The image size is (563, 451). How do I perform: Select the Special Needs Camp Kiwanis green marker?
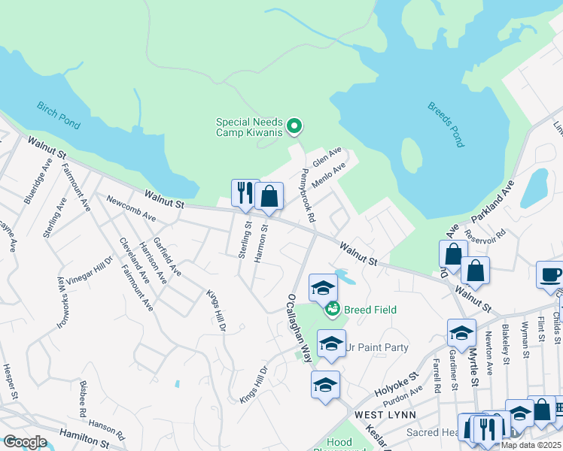[x=295, y=126]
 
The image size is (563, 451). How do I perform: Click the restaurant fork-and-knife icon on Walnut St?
[x=245, y=193]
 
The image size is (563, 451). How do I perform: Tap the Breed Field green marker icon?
[x=332, y=309]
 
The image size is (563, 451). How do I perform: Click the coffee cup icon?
[x=550, y=274]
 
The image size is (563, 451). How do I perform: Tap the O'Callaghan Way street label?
[x=298, y=328]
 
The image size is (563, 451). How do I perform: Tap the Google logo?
[x=25, y=442]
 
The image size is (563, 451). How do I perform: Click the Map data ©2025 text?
[x=531, y=445]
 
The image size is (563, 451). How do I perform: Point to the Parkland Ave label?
[x=493, y=200]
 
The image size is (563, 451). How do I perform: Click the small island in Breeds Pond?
[x=412, y=156]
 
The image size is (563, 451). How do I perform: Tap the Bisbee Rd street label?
[x=81, y=403]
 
